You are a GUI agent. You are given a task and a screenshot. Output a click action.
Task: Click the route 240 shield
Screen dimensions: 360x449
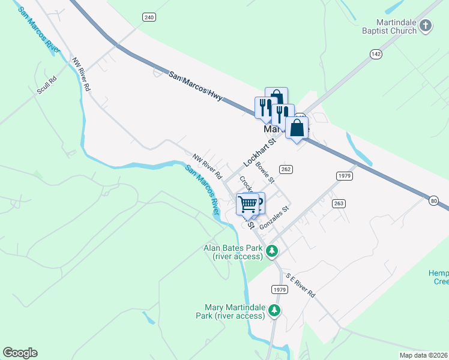[x=149, y=17]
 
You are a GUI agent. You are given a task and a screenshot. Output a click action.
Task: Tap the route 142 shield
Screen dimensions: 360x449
[x=376, y=54]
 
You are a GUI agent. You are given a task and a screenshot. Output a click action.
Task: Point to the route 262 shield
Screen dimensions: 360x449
[x=286, y=170]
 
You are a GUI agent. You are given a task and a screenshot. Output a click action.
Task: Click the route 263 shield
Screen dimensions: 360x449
[x=339, y=203]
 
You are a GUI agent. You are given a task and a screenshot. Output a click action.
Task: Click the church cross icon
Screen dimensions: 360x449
[x=426, y=25]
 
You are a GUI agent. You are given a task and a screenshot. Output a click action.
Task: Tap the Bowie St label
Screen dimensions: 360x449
[x=265, y=172]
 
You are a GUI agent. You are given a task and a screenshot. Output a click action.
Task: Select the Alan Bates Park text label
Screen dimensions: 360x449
[x=234, y=252]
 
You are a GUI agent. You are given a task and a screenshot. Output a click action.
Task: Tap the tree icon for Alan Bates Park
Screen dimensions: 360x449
[x=273, y=250]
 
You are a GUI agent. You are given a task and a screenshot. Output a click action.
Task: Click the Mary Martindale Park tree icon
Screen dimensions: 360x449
[x=274, y=310]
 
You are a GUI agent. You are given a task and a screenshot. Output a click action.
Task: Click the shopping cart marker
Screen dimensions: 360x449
[x=247, y=205]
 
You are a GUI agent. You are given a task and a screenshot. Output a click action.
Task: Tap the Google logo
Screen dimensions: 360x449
[x=20, y=353]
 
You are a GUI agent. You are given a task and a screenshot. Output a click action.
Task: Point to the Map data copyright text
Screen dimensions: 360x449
[x=423, y=355]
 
